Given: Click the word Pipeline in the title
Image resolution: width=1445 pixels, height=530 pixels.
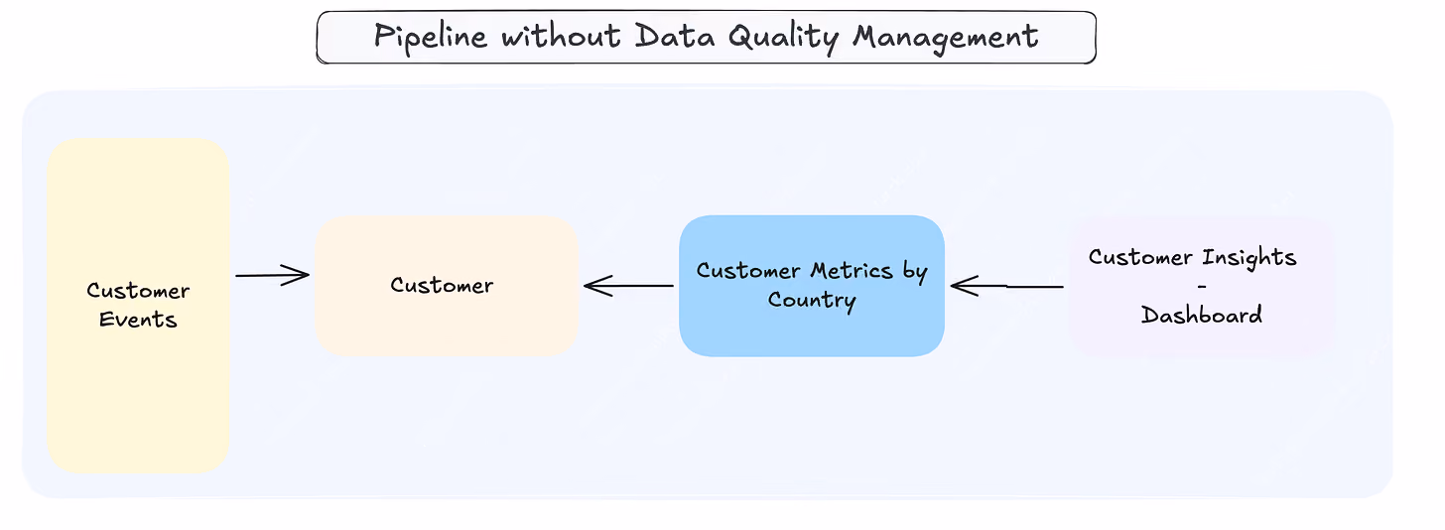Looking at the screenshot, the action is (431, 36).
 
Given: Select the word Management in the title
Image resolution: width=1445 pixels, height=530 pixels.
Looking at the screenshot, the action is (946, 38).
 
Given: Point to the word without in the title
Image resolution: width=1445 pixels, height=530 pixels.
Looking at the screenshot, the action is (562, 35).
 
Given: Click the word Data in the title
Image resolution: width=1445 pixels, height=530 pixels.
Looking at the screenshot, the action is (675, 35).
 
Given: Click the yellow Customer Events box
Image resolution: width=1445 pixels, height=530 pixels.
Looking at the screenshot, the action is (138, 305).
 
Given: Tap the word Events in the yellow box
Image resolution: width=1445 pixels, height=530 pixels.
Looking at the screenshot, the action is (138, 320).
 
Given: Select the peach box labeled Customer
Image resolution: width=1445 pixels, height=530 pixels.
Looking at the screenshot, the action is (447, 286).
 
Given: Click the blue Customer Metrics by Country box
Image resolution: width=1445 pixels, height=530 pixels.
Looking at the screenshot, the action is (812, 286).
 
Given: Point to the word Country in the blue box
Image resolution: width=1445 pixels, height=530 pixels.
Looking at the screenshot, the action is (812, 301).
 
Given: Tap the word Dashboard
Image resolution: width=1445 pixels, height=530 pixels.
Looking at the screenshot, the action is (1201, 315).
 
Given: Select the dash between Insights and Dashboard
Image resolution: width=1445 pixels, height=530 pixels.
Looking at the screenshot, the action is (1202, 286).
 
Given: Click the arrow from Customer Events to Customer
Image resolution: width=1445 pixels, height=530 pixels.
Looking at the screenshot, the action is (272, 275).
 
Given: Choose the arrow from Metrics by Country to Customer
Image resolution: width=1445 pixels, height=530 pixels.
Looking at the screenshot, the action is (628, 286).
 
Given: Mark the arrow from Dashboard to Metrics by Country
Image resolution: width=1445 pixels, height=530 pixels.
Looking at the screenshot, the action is (1007, 286).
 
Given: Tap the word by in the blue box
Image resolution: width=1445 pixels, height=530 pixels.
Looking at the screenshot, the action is (915, 273).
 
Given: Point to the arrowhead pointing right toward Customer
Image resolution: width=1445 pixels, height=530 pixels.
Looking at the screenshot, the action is (296, 275).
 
